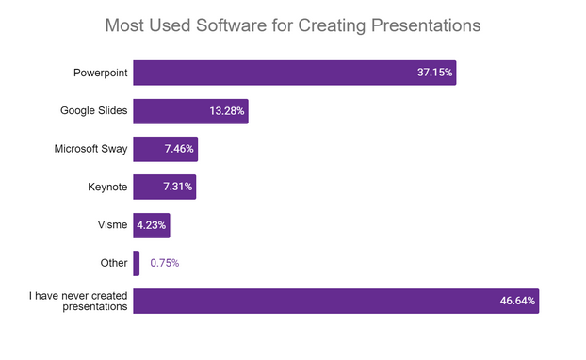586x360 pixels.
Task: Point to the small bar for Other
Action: pos(137,263)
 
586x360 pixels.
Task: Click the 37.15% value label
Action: pos(435,73)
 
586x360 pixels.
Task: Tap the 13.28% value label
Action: pos(227,111)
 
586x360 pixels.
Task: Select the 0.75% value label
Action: pos(165,263)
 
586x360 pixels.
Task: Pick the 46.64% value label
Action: pos(517,301)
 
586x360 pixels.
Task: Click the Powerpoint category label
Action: pos(100,73)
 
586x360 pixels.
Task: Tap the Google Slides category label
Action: pos(92,111)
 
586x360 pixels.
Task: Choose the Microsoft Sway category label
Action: pos(89,149)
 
